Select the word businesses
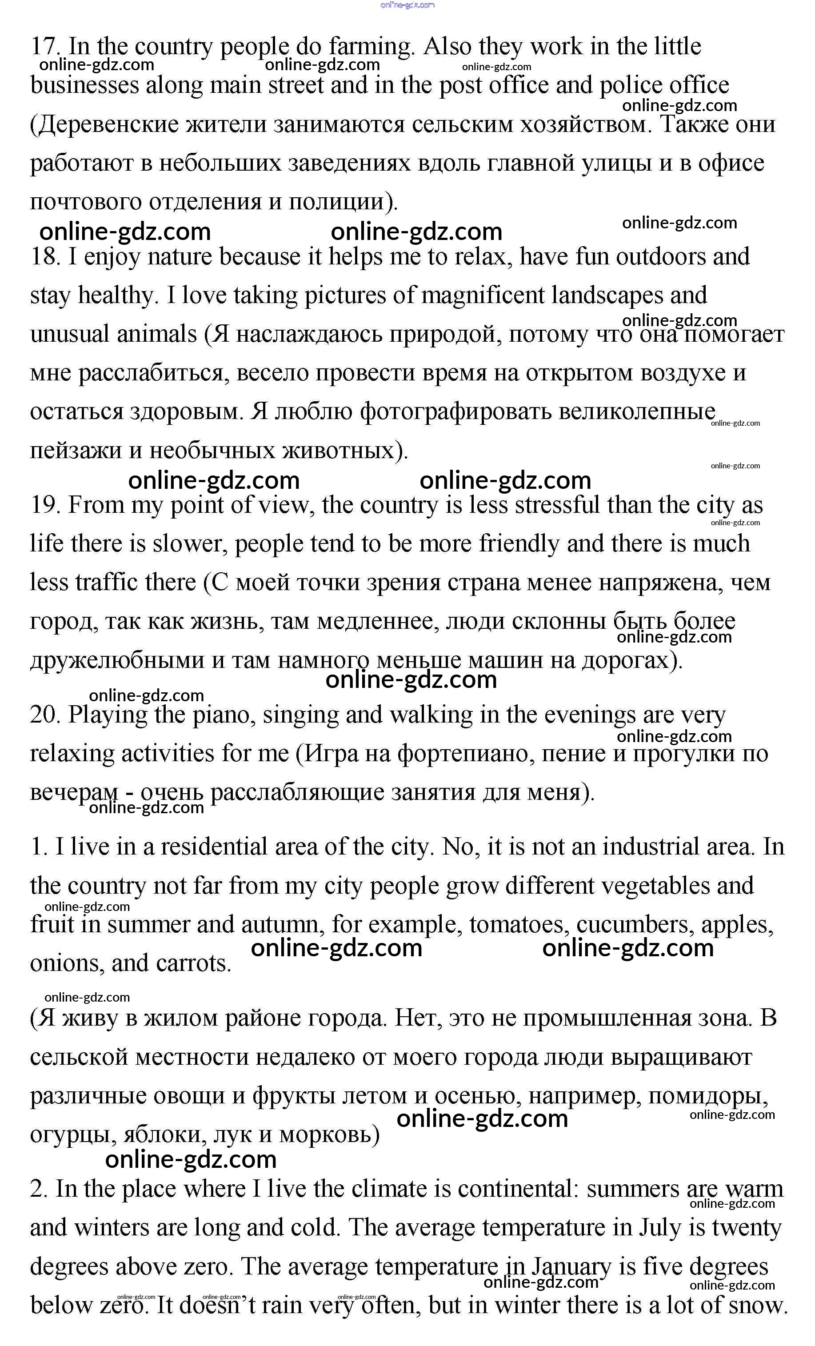(85, 86)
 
